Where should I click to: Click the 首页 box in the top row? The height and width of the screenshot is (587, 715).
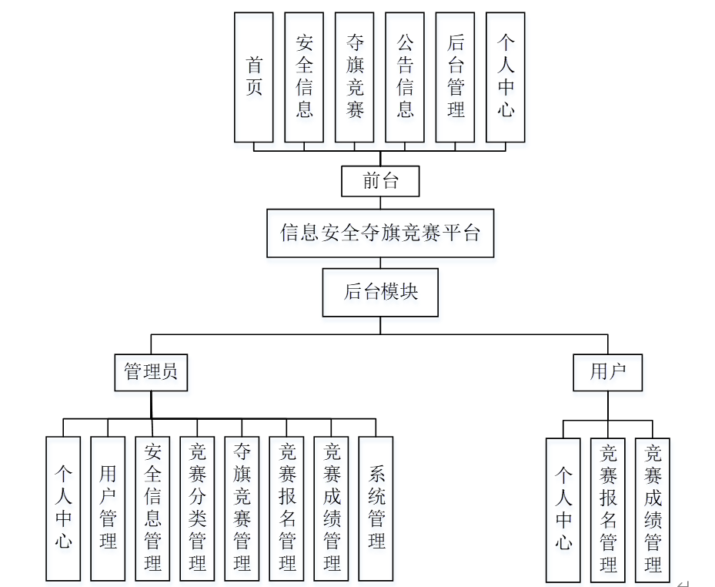click(253, 77)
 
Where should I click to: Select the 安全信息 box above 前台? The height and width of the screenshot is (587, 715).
click(304, 77)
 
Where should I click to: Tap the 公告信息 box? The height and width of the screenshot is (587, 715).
click(405, 77)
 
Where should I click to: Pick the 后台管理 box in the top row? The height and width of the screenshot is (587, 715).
click(455, 77)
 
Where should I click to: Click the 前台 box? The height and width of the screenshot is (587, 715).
click(380, 182)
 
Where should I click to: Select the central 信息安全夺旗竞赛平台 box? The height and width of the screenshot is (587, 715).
click(380, 233)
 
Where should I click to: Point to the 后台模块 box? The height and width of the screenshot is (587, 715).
click(380, 292)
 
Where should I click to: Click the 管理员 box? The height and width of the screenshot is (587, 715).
click(151, 372)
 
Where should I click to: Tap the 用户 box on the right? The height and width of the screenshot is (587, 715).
click(607, 372)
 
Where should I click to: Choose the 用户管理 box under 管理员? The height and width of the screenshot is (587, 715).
click(108, 508)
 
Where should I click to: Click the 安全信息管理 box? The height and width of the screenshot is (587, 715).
click(152, 508)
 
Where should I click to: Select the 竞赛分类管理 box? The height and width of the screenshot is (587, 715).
click(197, 508)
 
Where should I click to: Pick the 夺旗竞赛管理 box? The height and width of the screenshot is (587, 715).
click(242, 508)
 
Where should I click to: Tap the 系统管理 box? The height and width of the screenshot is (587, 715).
click(376, 508)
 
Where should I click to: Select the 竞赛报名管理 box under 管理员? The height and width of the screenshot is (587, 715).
click(286, 508)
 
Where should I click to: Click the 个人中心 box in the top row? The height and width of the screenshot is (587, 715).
click(505, 77)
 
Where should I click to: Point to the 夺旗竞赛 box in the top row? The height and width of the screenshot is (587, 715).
click(354, 77)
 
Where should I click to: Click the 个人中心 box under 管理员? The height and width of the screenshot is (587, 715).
click(63, 508)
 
